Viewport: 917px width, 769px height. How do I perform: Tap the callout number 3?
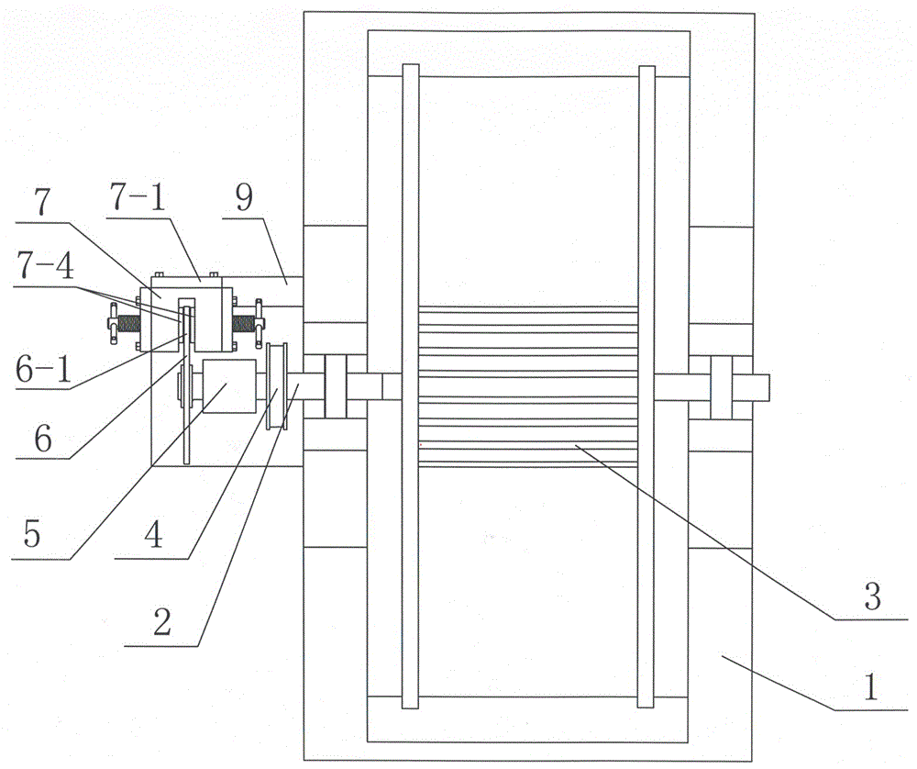pos(872,598)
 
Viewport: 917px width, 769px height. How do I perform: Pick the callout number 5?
pos(33,535)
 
